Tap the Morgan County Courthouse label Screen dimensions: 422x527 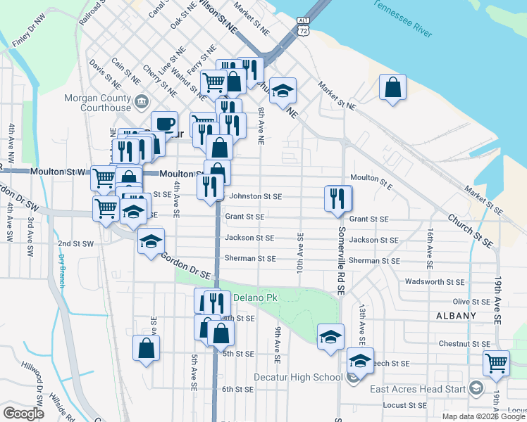[97, 103]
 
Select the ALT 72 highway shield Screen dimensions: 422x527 [302, 27]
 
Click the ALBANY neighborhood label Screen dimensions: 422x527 [456, 316]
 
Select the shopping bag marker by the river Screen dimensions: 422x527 [393, 88]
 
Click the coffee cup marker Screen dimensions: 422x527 [164, 124]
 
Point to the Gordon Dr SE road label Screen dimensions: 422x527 [187, 267]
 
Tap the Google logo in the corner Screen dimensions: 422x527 [24, 414]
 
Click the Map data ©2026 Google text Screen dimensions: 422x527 [483, 416]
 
